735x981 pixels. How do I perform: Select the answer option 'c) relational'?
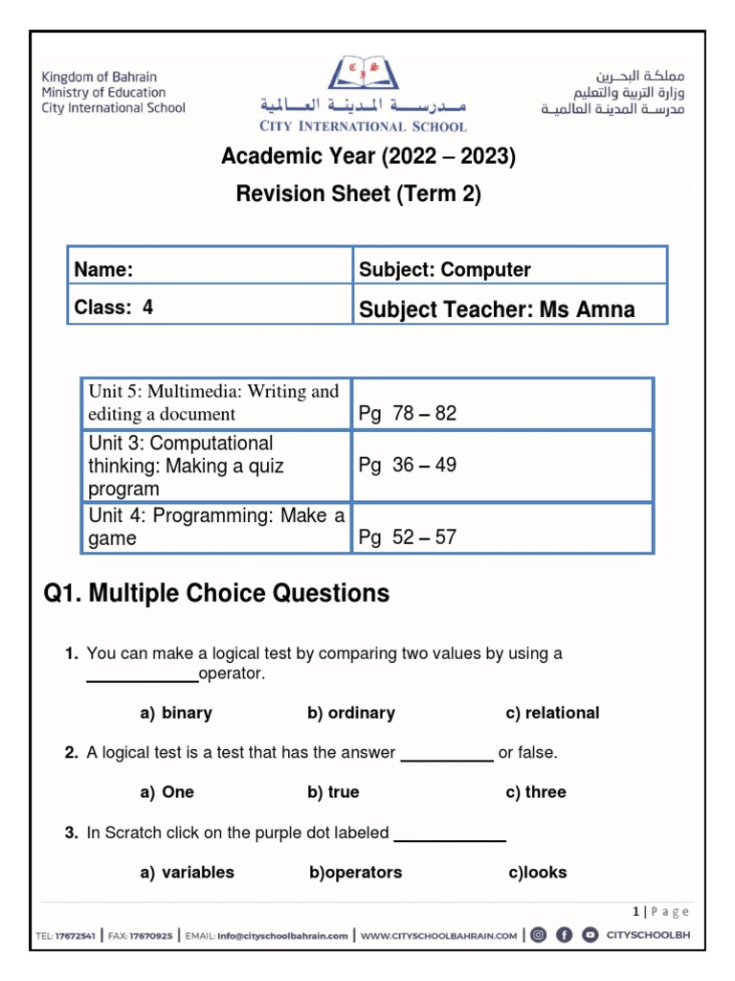pyautogui.click(x=552, y=713)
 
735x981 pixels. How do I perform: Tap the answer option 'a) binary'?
pyautogui.click(x=176, y=713)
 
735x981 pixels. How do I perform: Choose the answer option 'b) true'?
pyautogui.click(x=333, y=792)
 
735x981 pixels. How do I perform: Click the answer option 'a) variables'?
pyautogui.click(x=187, y=872)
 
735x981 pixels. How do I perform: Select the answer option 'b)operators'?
pyautogui.click(x=355, y=872)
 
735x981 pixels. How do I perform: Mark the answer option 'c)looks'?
pyautogui.click(x=538, y=872)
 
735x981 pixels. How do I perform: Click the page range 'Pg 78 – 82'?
pyautogui.click(x=408, y=414)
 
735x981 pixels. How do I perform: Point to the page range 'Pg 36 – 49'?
pyautogui.click(x=408, y=466)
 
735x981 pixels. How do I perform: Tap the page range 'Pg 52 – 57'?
pyautogui.click(x=408, y=537)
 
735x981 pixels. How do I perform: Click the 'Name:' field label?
pyautogui.click(x=103, y=270)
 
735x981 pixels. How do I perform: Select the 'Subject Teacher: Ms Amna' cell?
pyautogui.click(x=497, y=308)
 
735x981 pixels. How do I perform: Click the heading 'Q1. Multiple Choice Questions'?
pyautogui.click(x=217, y=594)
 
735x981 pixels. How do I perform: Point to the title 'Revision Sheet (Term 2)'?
pyautogui.click(x=359, y=194)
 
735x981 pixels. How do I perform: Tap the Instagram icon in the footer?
pyautogui.click(x=539, y=935)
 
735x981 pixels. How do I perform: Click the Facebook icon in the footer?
pyautogui.click(x=565, y=935)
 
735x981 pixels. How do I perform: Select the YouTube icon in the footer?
pyautogui.click(x=590, y=935)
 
